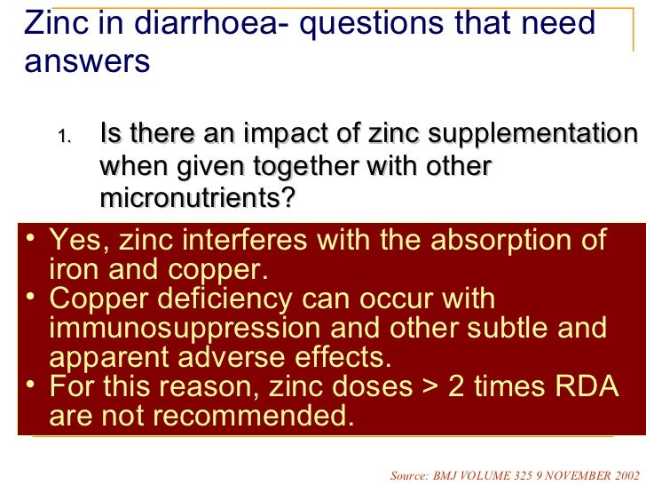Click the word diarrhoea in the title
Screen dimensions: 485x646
188,25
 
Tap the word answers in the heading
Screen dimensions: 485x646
88,63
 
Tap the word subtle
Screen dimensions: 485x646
496,328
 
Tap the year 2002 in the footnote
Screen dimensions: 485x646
622,475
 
